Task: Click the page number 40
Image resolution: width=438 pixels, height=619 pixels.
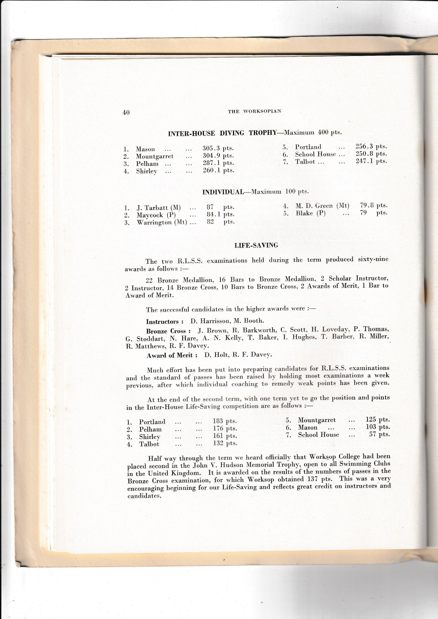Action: [x=126, y=112]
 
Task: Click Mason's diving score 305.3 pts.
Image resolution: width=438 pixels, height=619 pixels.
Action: [x=218, y=148]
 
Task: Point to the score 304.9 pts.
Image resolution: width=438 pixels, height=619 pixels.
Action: [x=218, y=156]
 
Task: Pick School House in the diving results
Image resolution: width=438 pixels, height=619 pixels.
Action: [x=315, y=154]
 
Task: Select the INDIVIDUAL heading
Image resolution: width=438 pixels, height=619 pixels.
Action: [x=223, y=192]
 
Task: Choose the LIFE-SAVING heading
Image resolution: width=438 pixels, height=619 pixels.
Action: [x=256, y=245]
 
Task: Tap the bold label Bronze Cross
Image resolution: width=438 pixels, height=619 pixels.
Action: [x=168, y=331]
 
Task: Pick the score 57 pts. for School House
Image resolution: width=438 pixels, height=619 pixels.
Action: [x=379, y=434]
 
